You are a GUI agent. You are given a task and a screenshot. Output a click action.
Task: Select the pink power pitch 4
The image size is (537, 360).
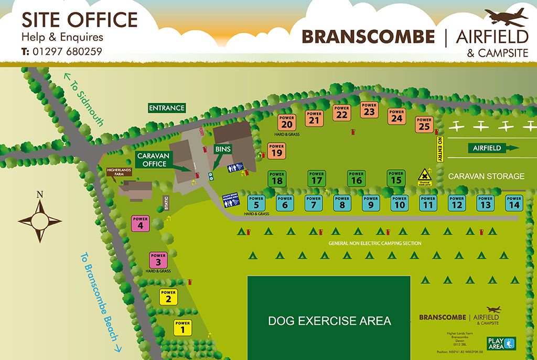pos(140,223)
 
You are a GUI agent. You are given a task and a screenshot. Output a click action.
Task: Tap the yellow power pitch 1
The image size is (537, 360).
pos(182,328)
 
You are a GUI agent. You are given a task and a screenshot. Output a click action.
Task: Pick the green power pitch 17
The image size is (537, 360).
pos(317,178)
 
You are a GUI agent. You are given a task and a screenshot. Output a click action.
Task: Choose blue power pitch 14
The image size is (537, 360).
pos(514,202)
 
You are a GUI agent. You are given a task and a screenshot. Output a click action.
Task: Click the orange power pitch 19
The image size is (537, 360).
pos(276,150)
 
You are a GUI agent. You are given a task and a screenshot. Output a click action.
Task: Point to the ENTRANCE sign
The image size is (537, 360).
pos(167,108)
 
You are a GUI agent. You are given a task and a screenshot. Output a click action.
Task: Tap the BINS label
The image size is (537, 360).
pos(223,149)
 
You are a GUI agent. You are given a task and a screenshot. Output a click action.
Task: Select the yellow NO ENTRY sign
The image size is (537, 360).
pos(440,149)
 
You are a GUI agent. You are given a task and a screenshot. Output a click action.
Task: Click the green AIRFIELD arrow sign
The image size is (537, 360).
pos(491,148)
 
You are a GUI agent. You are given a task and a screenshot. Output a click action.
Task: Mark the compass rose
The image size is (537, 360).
pos(39,220)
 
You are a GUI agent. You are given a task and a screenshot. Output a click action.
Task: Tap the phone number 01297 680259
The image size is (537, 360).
pos(67,51)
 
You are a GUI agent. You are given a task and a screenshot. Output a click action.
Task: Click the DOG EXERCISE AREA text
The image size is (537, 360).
pos(329,321)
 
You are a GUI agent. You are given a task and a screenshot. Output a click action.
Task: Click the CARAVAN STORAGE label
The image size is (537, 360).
pos(486,176)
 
